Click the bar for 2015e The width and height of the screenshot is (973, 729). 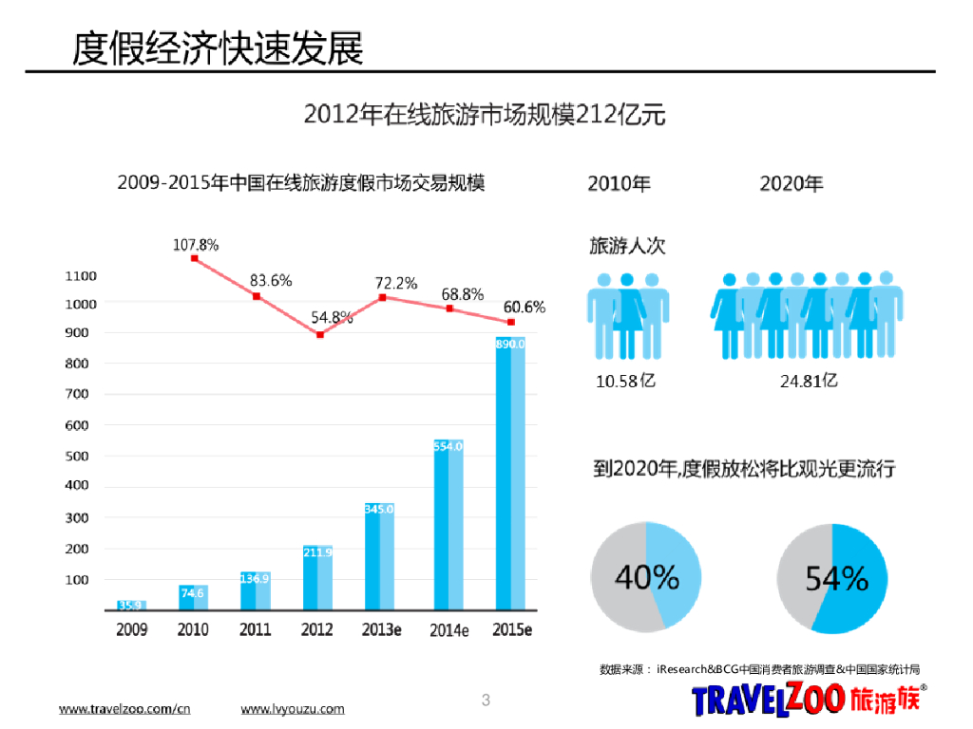(x=510, y=475)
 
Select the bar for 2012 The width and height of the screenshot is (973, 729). (x=318, y=578)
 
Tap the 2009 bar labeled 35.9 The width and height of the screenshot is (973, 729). (x=131, y=605)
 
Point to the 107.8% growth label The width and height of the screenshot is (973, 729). (x=196, y=245)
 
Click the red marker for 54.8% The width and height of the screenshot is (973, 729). (x=320, y=334)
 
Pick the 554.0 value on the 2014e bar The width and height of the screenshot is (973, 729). (x=448, y=446)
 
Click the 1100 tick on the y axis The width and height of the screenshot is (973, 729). (x=81, y=276)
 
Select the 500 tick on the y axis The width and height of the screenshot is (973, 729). (x=78, y=456)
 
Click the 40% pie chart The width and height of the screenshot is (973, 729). (x=646, y=576)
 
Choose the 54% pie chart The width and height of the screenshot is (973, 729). (x=832, y=576)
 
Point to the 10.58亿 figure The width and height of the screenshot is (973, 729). (x=625, y=382)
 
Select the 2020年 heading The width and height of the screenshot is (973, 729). (x=792, y=183)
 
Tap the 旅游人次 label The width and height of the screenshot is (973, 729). (x=628, y=245)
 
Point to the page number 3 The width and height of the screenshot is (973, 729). (x=486, y=701)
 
